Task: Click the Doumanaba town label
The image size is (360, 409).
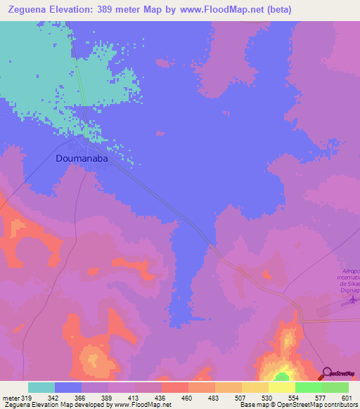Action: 84,159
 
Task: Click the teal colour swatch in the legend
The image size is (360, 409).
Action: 41,387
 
